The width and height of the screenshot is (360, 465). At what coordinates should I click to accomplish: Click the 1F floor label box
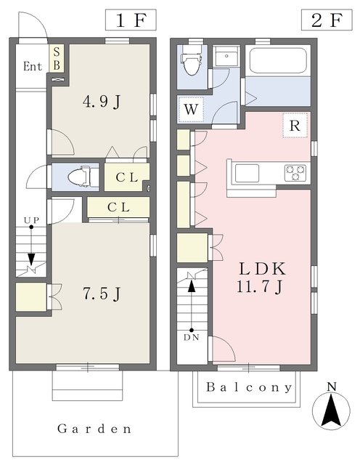click(131, 20)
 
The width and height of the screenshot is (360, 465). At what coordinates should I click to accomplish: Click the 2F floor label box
click(327, 20)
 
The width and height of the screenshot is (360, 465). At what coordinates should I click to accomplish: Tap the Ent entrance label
click(33, 66)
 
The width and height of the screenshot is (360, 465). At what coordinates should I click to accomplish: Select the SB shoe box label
click(57, 58)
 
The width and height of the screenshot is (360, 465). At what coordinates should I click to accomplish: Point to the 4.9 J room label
click(102, 102)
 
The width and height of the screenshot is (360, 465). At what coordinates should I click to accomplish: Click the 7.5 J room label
click(102, 294)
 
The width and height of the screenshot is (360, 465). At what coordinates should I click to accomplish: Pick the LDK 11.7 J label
click(262, 278)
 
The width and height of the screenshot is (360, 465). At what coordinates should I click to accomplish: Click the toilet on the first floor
click(79, 177)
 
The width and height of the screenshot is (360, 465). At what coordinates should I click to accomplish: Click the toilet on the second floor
click(191, 60)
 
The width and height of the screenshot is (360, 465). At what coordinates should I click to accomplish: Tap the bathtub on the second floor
click(278, 60)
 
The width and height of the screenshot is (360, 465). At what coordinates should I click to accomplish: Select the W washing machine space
click(191, 110)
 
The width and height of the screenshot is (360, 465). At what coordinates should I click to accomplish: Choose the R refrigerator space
click(295, 126)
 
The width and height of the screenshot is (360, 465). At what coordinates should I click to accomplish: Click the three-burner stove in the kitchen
click(295, 173)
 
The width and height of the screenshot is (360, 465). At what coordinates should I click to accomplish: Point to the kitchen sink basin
click(247, 173)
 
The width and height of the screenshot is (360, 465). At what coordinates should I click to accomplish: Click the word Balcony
click(249, 387)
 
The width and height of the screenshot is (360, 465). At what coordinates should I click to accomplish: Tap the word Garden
click(94, 429)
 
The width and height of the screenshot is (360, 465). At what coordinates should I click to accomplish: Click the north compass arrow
click(331, 411)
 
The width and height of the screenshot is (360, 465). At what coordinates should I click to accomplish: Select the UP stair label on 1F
click(32, 220)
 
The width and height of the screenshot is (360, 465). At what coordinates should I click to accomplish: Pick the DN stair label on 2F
click(192, 337)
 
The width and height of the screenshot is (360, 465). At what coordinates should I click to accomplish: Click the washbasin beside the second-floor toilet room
click(226, 56)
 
